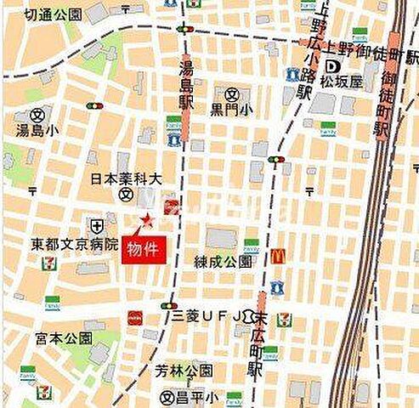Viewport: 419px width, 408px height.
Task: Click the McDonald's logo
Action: (x=277, y=256)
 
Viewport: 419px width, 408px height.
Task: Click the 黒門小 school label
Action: (x=232, y=109)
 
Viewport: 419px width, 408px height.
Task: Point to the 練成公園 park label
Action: (x=223, y=261)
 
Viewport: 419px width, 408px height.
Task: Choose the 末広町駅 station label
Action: (x=254, y=344)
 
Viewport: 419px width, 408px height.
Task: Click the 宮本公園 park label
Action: (x=40, y=337)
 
